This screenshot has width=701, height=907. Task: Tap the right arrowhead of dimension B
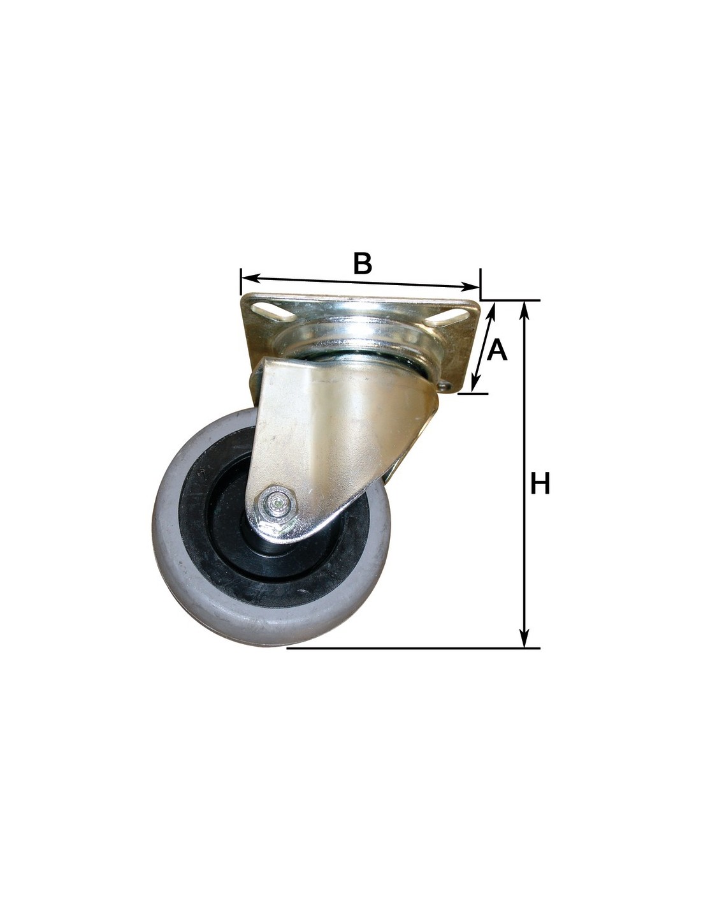[x=470, y=286]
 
